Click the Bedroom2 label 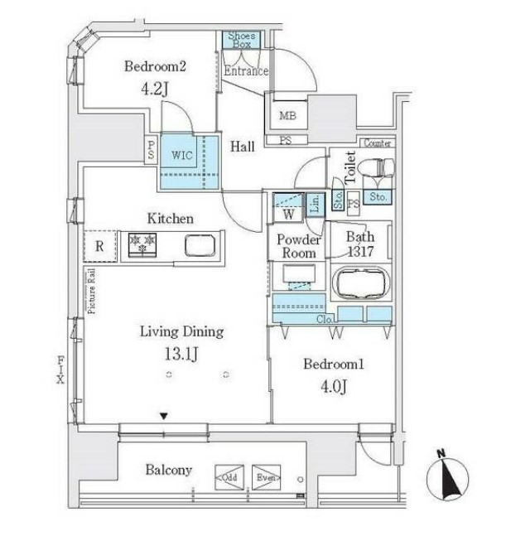155,67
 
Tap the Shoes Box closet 240,39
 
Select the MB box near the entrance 287,116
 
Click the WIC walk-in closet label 182,155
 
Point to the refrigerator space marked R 99,246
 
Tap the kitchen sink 201,246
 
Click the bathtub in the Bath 361,283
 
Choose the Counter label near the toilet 377,143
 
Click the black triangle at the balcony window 164,415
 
